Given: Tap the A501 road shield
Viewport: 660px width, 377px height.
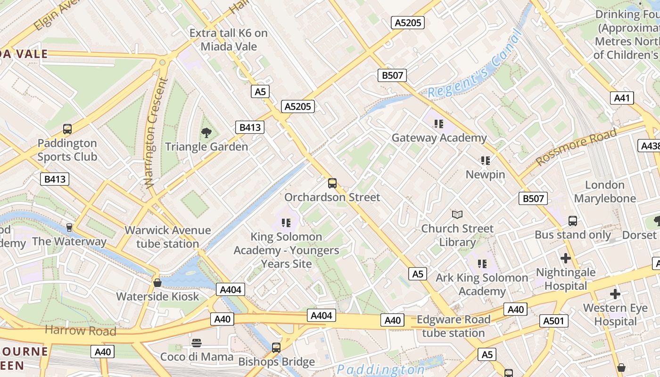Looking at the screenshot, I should coord(553,321).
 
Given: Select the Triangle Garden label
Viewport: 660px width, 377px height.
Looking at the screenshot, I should coord(206,147).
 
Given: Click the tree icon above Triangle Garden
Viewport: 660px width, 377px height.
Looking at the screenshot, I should coord(206,133).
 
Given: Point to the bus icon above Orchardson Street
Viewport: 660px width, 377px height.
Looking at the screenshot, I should coord(332,183).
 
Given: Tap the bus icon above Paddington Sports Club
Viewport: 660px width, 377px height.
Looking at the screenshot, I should coord(67,129).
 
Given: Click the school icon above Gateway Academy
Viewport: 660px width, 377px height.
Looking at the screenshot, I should coord(439,124).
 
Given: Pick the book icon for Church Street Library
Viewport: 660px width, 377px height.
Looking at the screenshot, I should coord(457,215).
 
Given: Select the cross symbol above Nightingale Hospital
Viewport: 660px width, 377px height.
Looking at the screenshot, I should coord(565,258).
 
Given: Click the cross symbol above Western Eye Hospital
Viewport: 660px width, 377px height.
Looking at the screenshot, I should coord(615,294).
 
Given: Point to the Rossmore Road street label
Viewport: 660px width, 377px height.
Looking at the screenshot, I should coord(576,147).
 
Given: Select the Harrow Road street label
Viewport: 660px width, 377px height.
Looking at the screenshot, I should coord(80,330).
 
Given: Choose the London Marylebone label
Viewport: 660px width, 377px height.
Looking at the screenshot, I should coord(605,191).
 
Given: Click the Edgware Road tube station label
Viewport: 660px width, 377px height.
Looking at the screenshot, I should coord(454,326).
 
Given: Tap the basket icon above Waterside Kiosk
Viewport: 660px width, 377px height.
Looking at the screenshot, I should coord(157,283).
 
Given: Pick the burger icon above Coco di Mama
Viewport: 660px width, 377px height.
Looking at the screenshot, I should coord(197,343).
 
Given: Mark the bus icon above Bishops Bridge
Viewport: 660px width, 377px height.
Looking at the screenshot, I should coord(276,348).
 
